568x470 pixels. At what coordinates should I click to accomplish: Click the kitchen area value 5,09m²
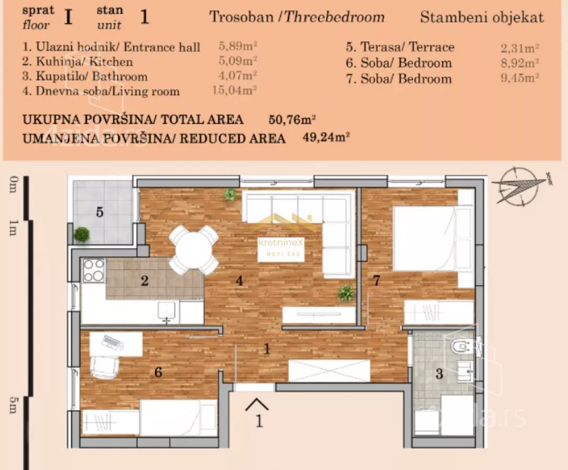238,61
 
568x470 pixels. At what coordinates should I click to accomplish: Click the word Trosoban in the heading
241,17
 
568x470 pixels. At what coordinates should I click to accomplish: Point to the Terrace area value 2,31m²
519,48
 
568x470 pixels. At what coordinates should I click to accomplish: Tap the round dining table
194,250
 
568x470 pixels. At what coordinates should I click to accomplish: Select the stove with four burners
93,271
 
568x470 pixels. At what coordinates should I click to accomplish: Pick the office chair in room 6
104,365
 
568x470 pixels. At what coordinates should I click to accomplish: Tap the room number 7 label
376,280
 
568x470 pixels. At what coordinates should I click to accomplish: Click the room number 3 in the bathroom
440,373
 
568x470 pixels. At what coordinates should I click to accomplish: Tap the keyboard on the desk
111,342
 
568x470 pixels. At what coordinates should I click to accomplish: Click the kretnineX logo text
281,243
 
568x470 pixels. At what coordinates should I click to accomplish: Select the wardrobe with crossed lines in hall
329,371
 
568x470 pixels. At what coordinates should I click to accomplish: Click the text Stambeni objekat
481,17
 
